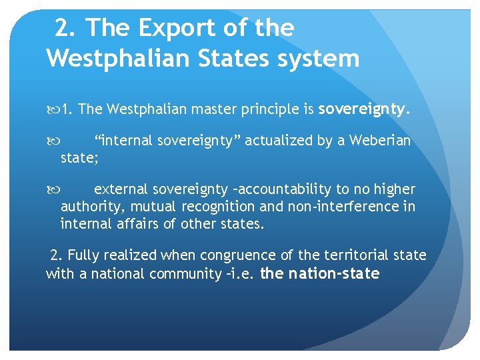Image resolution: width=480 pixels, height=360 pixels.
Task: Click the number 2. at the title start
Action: [x=65, y=28]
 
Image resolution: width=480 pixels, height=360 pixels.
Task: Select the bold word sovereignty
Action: [x=362, y=109]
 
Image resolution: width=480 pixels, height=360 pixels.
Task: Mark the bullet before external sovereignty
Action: [x=54, y=189]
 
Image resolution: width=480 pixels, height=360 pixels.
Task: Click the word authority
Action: [x=87, y=207]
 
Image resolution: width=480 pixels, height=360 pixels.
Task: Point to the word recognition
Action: [x=218, y=207]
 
